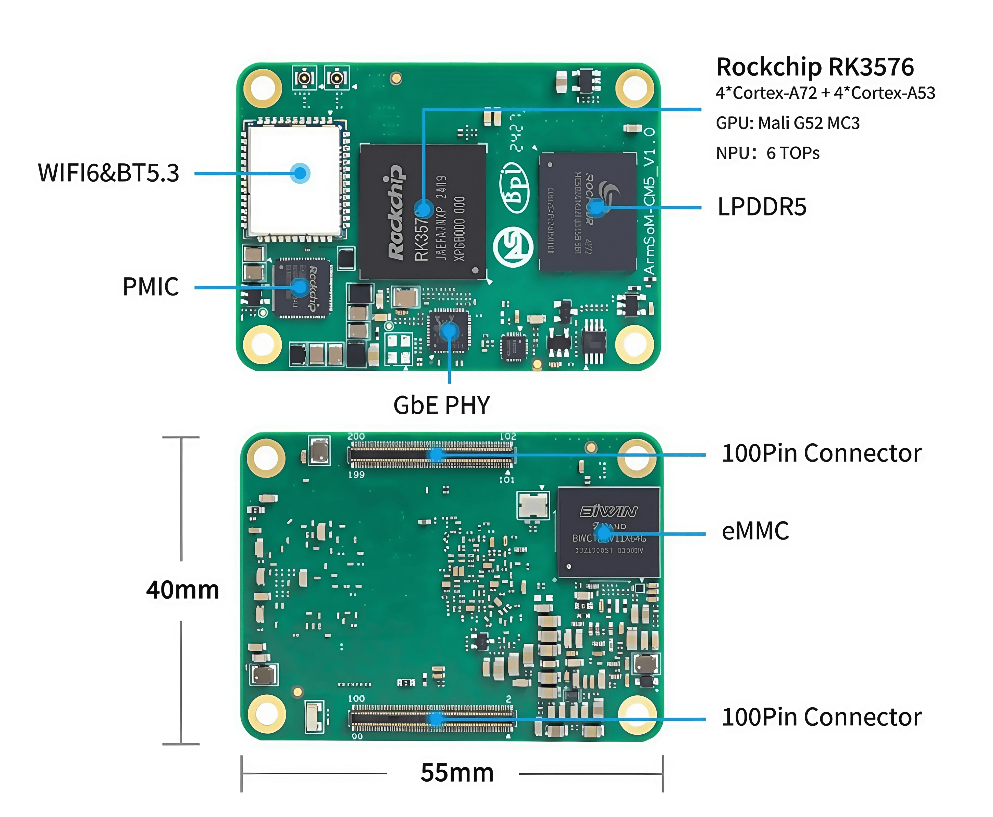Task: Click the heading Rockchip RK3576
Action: pos(815,67)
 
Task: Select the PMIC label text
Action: pos(151,287)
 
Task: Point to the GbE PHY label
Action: pos(441,405)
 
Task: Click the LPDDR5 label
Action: pos(761,207)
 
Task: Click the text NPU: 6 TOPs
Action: pos(767,153)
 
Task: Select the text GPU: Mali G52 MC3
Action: pos(787,123)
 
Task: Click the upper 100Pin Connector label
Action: pos(821,453)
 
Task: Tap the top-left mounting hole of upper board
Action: pos(263,88)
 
